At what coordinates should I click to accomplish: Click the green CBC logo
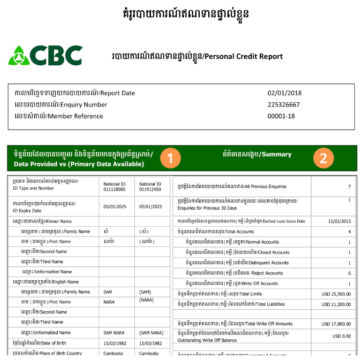(x=45, y=56)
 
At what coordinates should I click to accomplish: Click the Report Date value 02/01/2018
(x=285, y=93)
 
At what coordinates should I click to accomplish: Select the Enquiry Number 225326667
(x=284, y=105)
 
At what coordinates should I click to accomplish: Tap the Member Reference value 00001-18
(x=281, y=116)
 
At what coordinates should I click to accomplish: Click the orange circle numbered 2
(x=323, y=159)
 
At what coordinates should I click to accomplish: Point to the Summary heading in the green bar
(x=257, y=154)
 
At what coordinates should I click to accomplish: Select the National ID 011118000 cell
(x=115, y=187)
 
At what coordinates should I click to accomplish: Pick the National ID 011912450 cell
(x=151, y=187)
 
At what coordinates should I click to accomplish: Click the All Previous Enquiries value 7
(x=349, y=186)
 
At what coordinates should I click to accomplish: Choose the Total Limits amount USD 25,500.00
(x=336, y=294)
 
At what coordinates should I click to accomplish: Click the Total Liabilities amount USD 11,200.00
(x=336, y=304)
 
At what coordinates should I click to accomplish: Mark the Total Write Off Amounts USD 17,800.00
(x=336, y=324)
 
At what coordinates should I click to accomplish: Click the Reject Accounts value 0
(x=349, y=273)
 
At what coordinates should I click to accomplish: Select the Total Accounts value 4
(x=349, y=232)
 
